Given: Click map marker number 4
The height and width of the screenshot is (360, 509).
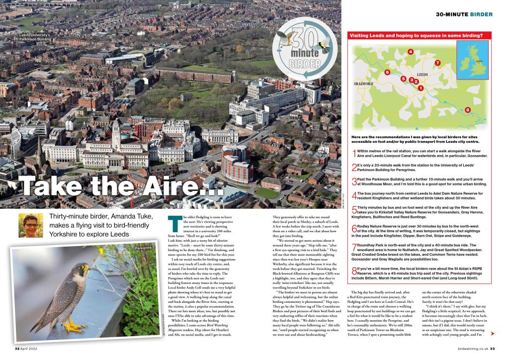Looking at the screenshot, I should (410, 52).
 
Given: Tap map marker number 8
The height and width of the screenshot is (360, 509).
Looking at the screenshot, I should (468, 109).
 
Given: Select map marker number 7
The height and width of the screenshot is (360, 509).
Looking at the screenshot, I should (437, 63).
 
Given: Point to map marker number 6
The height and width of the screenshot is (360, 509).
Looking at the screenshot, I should (387, 73).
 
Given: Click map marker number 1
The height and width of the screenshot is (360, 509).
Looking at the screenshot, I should (421, 89).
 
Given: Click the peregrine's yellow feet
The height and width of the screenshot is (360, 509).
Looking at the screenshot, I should (75, 325).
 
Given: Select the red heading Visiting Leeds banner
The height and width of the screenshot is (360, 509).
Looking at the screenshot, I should (417, 35).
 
